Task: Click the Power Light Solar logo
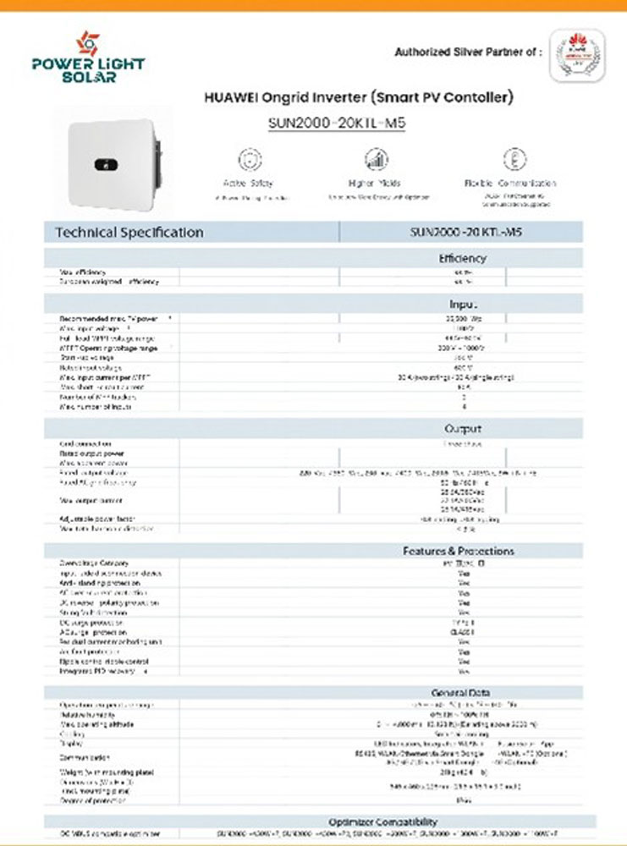click(88, 57)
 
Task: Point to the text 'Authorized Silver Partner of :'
click(468, 52)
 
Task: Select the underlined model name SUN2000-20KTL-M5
click(337, 123)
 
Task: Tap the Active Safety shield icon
click(248, 160)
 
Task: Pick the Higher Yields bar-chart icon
click(377, 160)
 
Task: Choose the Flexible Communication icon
click(509, 159)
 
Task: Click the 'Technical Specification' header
click(129, 232)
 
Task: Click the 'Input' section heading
click(462, 304)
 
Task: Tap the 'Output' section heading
click(462, 429)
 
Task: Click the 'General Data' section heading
click(461, 693)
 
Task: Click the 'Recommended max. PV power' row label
click(109, 318)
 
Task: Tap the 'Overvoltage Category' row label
click(94, 563)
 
